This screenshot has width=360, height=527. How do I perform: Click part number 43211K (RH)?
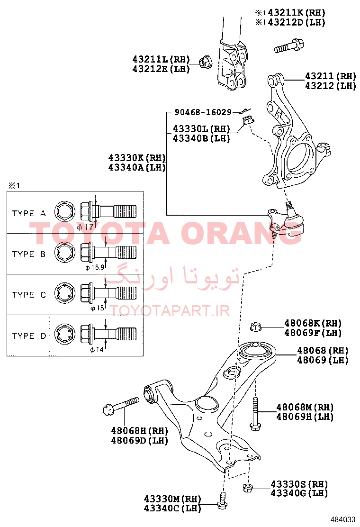pos(297,13)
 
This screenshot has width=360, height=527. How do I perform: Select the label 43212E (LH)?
pos(161,69)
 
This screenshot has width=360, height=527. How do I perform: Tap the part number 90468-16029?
pos(203,112)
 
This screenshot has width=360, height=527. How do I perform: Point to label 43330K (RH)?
pos(137,158)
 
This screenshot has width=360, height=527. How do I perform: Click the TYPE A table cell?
pos(28,213)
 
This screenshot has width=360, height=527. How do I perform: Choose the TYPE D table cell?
pos(28,336)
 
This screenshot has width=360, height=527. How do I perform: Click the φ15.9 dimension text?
pos(95,268)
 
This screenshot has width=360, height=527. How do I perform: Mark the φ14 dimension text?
pos(97,350)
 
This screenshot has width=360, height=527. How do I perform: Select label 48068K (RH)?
pos(313,323)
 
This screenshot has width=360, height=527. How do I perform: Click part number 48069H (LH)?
pos(305,417)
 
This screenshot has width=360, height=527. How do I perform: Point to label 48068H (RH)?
pos(139,430)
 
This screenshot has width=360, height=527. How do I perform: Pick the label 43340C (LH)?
pos(172,508)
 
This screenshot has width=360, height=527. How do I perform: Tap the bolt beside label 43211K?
pos(289,45)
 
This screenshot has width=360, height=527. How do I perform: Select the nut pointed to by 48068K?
pos(256,327)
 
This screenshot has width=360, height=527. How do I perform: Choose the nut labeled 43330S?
pos(248,488)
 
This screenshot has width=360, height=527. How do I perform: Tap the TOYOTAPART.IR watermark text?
pos(170,311)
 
